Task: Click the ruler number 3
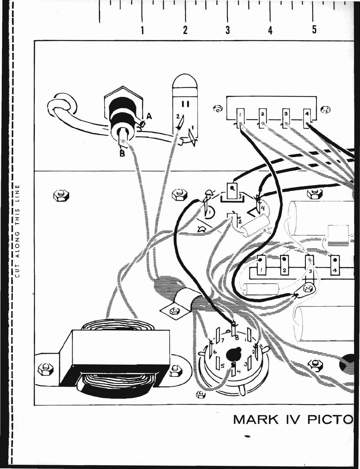click(x=228, y=30)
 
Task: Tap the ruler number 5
click(x=314, y=30)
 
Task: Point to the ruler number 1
click(x=142, y=30)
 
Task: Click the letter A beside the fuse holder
click(x=149, y=117)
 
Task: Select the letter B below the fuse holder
click(x=122, y=154)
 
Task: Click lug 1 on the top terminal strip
click(x=240, y=118)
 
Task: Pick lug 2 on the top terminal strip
click(x=263, y=118)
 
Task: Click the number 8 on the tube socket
click(x=237, y=338)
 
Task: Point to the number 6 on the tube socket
click(x=215, y=352)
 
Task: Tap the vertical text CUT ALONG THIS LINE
click(x=18, y=231)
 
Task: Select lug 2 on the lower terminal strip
click(x=284, y=265)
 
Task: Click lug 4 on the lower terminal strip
click(x=335, y=265)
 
